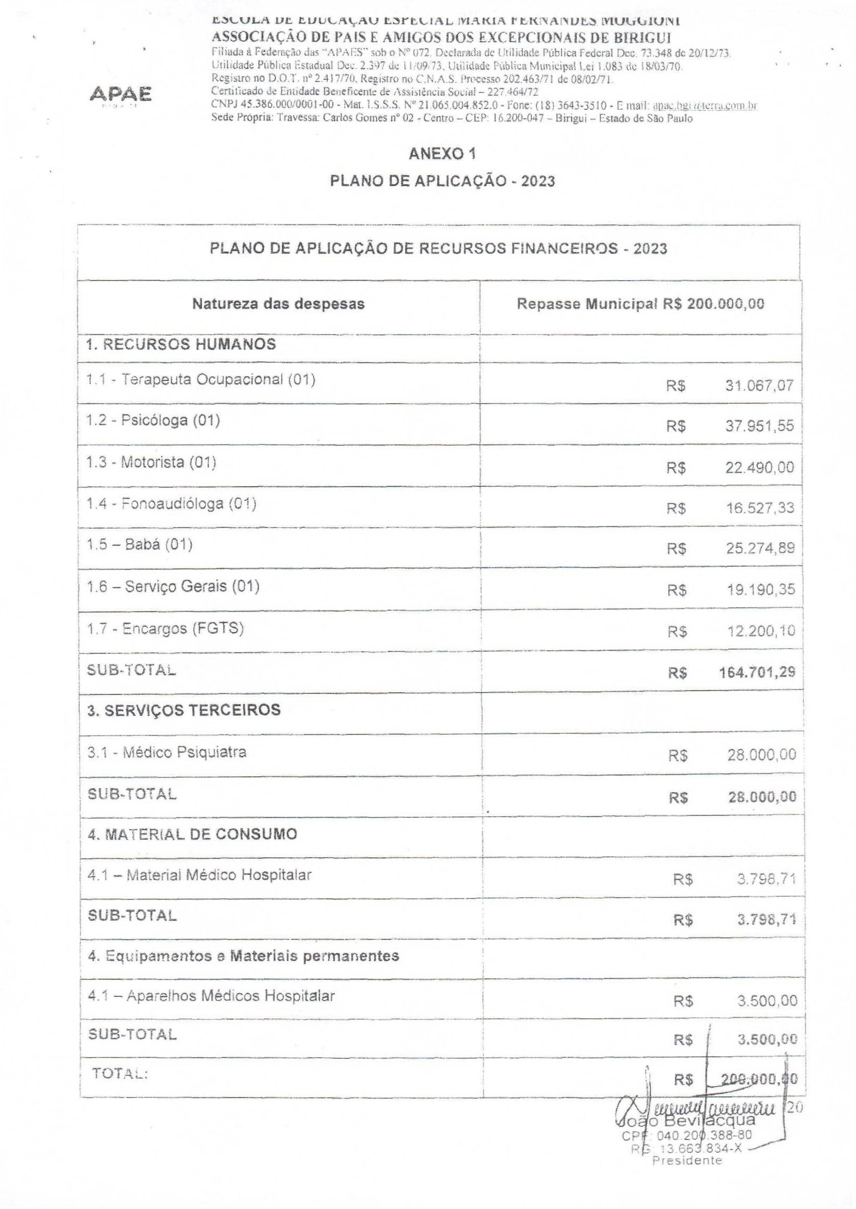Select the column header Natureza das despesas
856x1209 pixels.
point(278,304)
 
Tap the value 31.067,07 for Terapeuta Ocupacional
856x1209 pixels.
point(759,385)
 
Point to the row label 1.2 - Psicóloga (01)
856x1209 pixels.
point(153,420)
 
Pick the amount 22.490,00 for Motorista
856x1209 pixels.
point(759,468)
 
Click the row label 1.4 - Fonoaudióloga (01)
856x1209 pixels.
point(171,504)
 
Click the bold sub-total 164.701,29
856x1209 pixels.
point(757,672)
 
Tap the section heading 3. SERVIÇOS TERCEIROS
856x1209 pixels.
point(184,710)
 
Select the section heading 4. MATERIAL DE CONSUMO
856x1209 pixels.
point(192,834)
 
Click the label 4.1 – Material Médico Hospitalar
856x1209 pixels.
point(199,875)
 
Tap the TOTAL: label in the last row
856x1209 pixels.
point(120,1073)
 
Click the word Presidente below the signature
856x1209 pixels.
point(687,1161)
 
